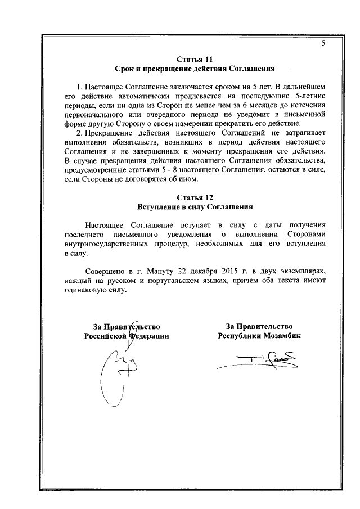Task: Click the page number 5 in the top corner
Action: [x=323, y=43]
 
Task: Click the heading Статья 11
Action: [x=194, y=59]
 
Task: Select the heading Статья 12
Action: [x=194, y=197]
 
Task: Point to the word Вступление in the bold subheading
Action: [x=160, y=207]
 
